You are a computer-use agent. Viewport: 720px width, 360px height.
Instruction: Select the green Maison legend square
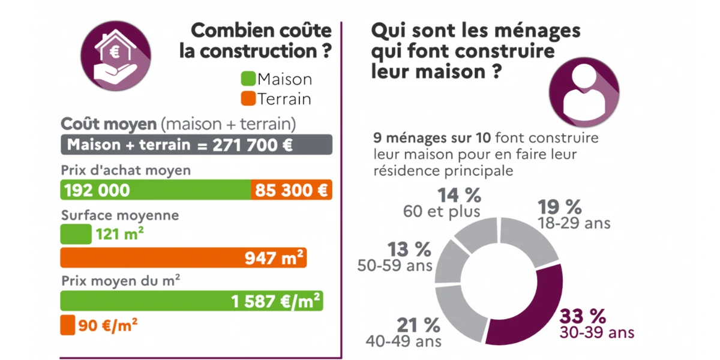(x=248, y=79)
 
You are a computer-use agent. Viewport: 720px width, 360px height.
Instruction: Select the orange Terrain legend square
(x=248, y=98)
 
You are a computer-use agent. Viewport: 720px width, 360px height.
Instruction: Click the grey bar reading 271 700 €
(x=196, y=145)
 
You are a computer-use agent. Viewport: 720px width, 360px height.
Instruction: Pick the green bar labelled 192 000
(x=155, y=190)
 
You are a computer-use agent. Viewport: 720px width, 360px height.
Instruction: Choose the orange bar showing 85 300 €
(x=291, y=190)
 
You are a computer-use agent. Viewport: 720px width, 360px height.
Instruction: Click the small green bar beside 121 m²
(x=76, y=235)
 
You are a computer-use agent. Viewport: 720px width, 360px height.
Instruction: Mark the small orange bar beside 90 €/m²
(x=67, y=326)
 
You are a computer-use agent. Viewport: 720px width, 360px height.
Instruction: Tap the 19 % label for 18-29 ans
(x=560, y=207)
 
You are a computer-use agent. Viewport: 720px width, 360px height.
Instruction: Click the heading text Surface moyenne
(x=120, y=215)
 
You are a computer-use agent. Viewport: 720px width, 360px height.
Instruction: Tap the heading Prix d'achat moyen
(x=126, y=170)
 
